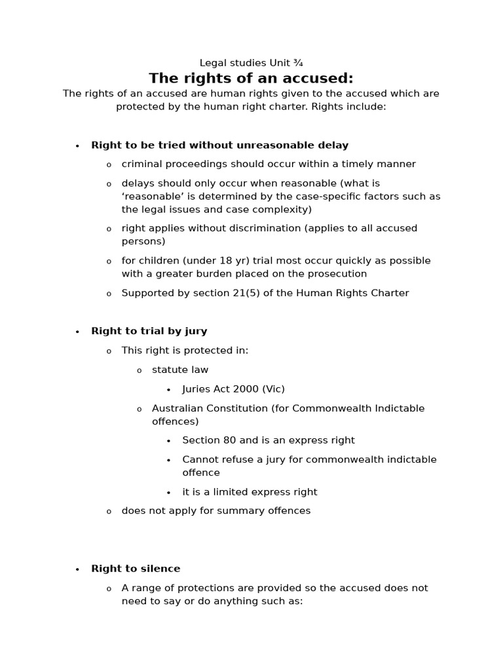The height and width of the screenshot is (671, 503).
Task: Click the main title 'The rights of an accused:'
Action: pyautogui.click(x=251, y=79)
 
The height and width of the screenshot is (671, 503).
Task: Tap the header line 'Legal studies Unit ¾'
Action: pyautogui.click(x=251, y=63)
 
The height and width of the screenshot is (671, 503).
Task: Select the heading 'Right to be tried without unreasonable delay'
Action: pyautogui.click(x=219, y=145)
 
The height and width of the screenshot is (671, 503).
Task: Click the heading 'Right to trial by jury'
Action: pyautogui.click(x=149, y=332)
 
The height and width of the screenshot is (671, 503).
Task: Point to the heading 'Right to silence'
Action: pyautogui.click(x=136, y=569)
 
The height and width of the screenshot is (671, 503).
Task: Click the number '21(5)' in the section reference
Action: pyautogui.click(x=240, y=294)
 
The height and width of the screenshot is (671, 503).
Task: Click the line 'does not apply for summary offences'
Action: pyautogui.click(x=215, y=510)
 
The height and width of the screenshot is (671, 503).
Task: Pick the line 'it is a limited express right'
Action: pyautogui.click(x=250, y=492)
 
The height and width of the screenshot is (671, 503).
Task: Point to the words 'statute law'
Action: pyautogui.click(x=180, y=370)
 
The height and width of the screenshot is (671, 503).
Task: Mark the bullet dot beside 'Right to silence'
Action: pyautogui.click(x=77, y=569)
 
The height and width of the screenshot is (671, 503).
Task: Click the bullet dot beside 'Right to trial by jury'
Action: pyautogui.click(x=77, y=332)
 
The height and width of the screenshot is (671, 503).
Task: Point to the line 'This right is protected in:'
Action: pyautogui.click(x=185, y=351)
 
